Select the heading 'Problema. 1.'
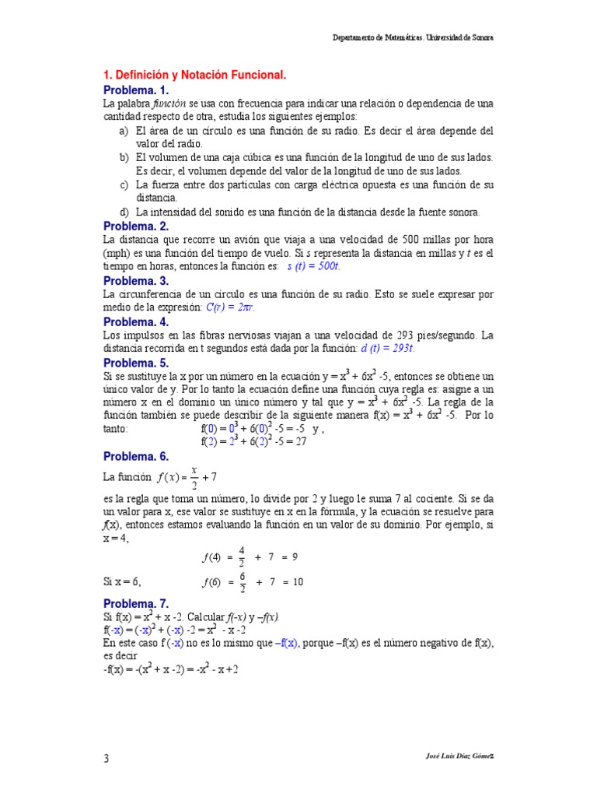tap(136, 90)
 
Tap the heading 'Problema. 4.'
tap(136, 321)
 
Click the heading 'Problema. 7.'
tap(136, 603)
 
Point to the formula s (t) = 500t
tap(314, 266)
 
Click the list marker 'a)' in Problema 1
tap(124, 131)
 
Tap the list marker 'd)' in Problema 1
tap(124, 212)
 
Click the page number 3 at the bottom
tap(106, 758)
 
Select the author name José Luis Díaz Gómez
tap(450, 757)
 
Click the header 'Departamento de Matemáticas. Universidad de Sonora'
tap(413, 37)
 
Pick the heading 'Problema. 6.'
tap(136, 456)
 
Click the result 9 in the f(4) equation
tap(295, 557)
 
